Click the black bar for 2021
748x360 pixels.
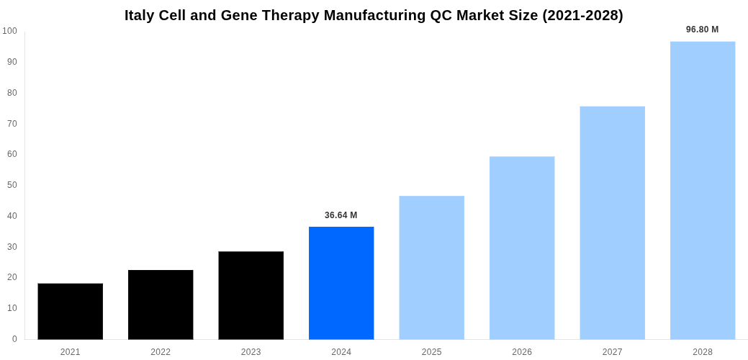(x=71, y=311)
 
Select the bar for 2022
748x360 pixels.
(x=161, y=305)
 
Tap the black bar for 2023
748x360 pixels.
(x=251, y=295)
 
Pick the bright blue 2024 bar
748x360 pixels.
(x=341, y=283)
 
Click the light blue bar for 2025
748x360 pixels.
(x=432, y=267)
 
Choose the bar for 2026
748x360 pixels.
(x=522, y=248)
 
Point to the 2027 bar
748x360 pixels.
(x=613, y=222)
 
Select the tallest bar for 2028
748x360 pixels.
(x=703, y=190)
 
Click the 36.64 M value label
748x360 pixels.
(x=341, y=215)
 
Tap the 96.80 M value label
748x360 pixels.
(x=702, y=30)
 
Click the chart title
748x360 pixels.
(x=374, y=15)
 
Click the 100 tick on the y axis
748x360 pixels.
(x=9, y=31)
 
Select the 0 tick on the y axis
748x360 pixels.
(x=14, y=339)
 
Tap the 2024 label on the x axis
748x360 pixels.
(x=341, y=352)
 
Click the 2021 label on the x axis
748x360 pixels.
(x=71, y=352)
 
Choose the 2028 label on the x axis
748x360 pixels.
(x=703, y=352)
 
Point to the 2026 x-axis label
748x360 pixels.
(x=522, y=352)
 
